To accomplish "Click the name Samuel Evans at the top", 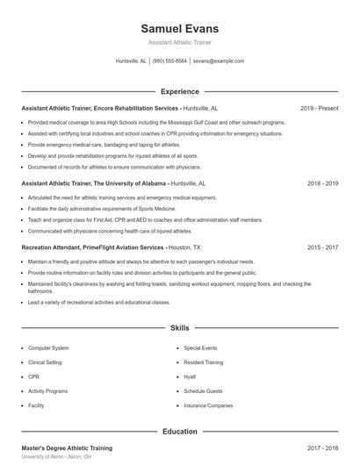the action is (x=179, y=28).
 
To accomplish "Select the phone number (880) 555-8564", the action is (x=169, y=61).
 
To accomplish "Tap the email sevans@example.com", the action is (x=218, y=61).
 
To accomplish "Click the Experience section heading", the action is (x=179, y=91).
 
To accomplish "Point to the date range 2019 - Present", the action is (x=319, y=108).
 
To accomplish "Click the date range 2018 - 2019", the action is (x=322, y=184).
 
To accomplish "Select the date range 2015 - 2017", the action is (x=322, y=248).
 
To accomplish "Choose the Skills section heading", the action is (x=179, y=328).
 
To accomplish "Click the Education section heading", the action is (x=179, y=432).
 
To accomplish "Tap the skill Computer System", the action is (x=48, y=348).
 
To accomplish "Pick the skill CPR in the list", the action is (x=34, y=376).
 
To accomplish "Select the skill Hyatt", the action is (x=190, y=376).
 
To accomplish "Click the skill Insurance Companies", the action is (x=208, y=405).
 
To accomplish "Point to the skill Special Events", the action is (x=200, y=348).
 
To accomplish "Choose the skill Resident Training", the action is (x=204, y=362).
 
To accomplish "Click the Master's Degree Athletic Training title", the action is (x=67, y=448).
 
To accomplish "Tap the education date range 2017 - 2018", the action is (x=322, y=448).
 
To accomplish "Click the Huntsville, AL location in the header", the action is (x=131, y=61).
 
